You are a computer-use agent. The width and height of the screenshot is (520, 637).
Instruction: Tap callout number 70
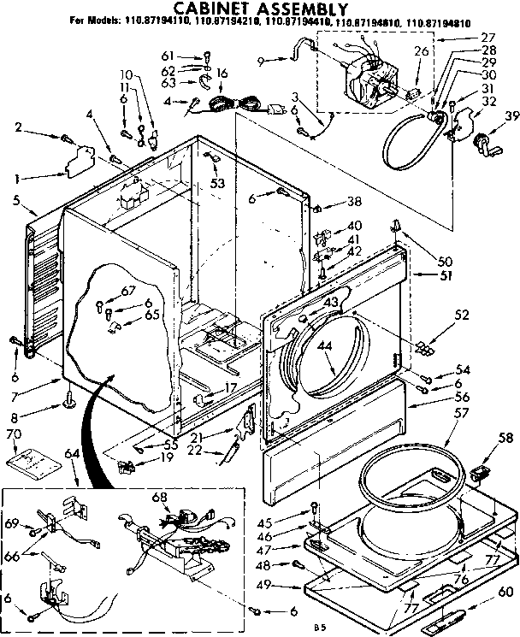14,434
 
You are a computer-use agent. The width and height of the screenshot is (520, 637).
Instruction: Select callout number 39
511,115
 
